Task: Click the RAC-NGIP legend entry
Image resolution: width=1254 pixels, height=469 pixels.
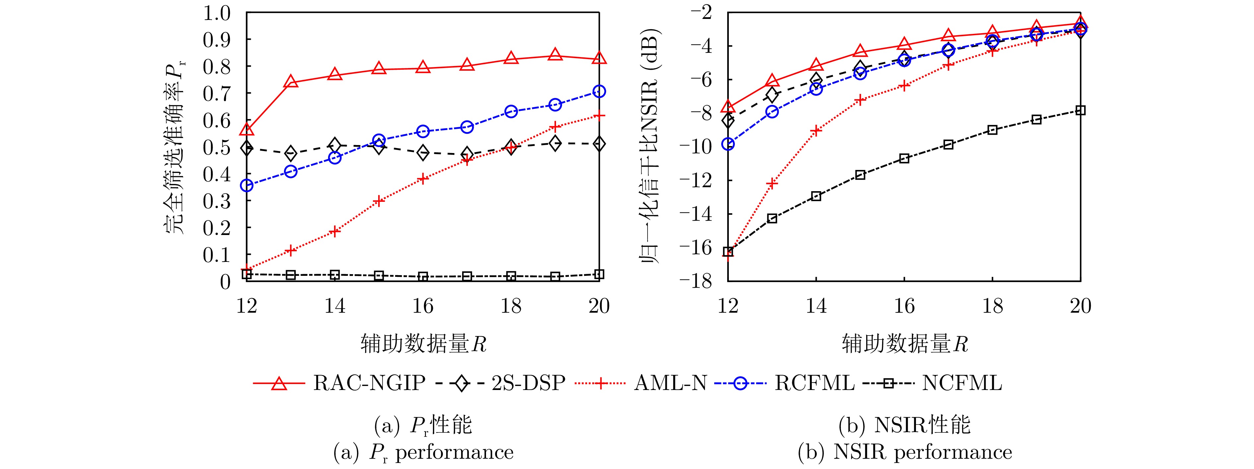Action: pyautogui.click(x=369, y=383)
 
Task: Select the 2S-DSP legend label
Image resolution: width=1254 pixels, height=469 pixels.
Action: pyautogui.click(x=528, y=383)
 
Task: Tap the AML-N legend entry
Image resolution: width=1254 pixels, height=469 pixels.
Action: pyautogui.click(x=670, y=383)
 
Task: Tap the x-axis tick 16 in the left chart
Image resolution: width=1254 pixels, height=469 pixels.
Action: pyautogui.click(x=423, y=306)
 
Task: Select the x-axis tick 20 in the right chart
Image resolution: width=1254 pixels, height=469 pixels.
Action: pyautogui.click(x=1080, y=306)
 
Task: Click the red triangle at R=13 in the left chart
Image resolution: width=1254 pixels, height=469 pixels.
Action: pyautogui.click(x=291, y=82)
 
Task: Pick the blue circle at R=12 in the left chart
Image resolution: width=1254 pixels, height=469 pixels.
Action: pyautogui.click(x=247, y=186)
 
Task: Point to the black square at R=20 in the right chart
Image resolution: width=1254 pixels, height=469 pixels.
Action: pyautogui.click(x=1080, y=111)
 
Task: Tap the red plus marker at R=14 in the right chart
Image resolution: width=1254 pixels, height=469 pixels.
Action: pyautogui.click(x=816, y=130)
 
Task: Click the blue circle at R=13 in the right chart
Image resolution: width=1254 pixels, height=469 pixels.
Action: pyautogui.click(x=772, y=112)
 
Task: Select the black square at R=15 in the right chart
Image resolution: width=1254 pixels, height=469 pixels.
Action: pyautogui.click(x=860, y=175)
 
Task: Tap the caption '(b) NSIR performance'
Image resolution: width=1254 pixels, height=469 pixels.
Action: pyautogui.click(x=904, y=452)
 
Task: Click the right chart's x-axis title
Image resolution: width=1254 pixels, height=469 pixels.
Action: pyautogui.click(x=904, y=344)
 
